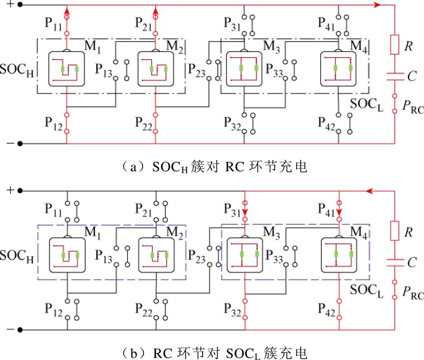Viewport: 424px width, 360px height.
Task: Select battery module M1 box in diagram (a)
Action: click(x=66, y=69)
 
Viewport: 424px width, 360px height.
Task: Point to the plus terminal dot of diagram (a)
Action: click(x=20, y=5)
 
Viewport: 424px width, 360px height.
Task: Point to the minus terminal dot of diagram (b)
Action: click(x=20, y=329)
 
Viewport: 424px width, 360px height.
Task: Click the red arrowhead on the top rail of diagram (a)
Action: click(x=377, y=5)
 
